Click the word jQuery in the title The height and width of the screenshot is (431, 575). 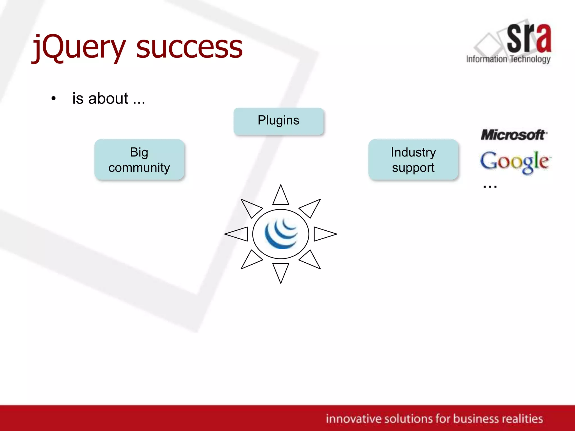click(x=79, y=48)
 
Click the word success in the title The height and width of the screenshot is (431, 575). click(x=189, y=48)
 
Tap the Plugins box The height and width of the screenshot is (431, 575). click(x=279, y=121)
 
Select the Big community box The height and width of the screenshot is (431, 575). click(x=139, y=159)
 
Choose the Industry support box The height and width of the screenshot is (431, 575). click(x=413, y=159)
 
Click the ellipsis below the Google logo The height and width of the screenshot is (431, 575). click(x=490, y=186)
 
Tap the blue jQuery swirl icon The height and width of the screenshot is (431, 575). click(x=281, y=234)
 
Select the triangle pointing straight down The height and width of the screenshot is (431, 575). click(x=280, y=270)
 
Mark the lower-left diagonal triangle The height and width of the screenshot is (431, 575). click(x=250, y=260)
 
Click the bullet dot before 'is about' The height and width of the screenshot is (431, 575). click(x=54, y=98)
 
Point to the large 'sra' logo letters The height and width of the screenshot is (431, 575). click(x=529, y=38)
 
